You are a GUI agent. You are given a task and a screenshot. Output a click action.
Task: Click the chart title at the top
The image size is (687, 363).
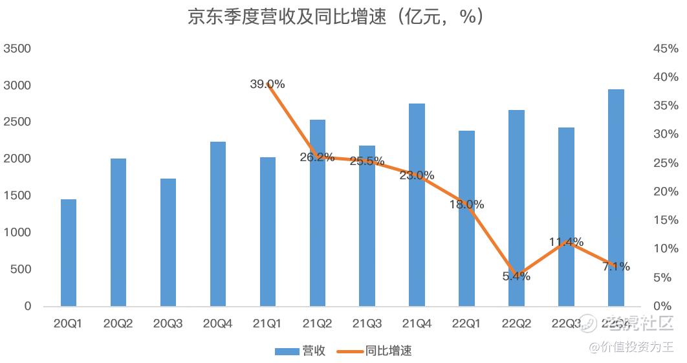tap(336, 17)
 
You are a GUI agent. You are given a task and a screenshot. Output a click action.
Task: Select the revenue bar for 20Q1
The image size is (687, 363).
tap(68, 252)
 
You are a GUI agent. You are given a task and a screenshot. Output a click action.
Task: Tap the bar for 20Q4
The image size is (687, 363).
tap(217, 223)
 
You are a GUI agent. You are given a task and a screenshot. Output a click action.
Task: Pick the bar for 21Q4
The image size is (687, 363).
tap(417, 204)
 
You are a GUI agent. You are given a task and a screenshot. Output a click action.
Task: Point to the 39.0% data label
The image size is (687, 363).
tap(267, 84)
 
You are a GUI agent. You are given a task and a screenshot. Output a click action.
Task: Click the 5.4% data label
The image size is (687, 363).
tap(516, 276)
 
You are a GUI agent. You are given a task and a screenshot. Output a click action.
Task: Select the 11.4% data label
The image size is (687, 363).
tap(566, 242)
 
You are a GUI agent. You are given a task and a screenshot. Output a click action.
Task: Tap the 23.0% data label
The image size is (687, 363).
tap(417, 175)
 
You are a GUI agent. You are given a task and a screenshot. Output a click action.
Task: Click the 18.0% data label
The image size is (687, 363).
tap(467, 204)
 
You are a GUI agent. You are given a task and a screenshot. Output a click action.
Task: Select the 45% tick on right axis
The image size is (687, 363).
tap(666, 49)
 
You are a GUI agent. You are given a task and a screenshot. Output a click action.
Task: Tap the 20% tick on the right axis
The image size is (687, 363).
tap(666, 192)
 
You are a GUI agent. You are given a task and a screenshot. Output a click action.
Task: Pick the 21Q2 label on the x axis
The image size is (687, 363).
tap(317, 323)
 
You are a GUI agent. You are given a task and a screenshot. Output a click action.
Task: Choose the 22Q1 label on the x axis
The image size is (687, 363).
tap(466, 323)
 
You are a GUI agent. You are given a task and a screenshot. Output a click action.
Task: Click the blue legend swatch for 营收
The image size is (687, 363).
tap(286, 351)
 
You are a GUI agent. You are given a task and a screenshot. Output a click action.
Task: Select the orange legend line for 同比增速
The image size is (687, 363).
tap(348, 351)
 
